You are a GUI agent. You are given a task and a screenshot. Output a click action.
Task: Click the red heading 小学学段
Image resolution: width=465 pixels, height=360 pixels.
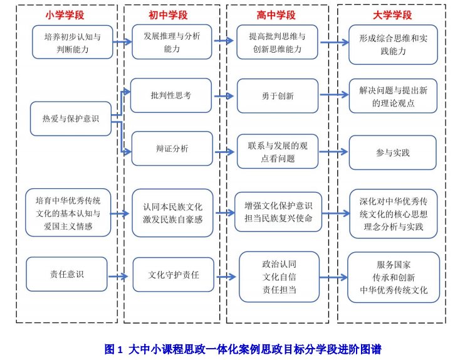click(65, 14)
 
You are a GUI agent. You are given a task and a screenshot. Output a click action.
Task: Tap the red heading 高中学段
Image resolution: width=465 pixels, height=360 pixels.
click(276, 14)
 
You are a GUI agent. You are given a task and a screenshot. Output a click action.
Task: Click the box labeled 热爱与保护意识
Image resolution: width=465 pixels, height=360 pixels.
click(71, 119)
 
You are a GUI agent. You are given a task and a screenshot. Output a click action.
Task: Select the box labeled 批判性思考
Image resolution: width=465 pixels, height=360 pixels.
click(171, 95)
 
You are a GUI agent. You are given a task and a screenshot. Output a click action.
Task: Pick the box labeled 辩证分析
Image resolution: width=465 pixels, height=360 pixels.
click(172, 149)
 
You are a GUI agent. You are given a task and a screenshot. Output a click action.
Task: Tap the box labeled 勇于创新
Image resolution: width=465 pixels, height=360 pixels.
click(277, 96)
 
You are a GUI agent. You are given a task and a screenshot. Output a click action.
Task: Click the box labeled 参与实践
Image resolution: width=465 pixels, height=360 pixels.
click(392, 152)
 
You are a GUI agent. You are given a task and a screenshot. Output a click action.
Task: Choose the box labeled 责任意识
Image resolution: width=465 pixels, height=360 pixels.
click(66, 274)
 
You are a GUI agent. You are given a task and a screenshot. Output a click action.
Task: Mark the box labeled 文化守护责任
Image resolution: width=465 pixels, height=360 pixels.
click(173, 275)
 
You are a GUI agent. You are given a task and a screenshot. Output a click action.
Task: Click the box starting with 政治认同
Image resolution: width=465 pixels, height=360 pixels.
click(279, 277)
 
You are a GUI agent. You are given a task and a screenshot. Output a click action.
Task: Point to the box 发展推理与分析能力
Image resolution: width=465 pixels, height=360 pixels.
click(172, 42)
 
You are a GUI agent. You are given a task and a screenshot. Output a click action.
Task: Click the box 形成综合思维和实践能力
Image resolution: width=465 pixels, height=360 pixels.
click(393, 45)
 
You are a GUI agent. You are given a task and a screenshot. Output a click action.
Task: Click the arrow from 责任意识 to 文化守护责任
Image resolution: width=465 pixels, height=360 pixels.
click(119, 276)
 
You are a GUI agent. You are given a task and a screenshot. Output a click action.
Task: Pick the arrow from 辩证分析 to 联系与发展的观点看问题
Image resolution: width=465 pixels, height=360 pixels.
click(224, 151)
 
